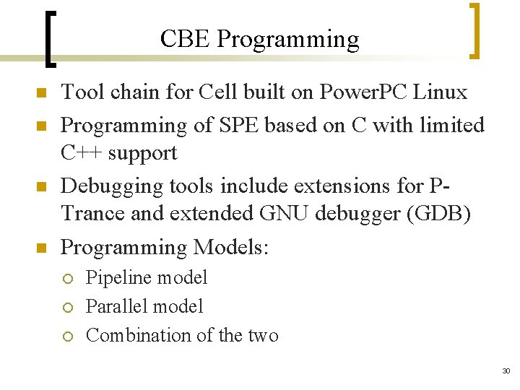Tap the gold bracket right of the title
click(x=474, y=30)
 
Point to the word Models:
click(x=230, y=248)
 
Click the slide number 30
click(x=505, y=370)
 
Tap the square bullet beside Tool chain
click(x=41, y=94)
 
